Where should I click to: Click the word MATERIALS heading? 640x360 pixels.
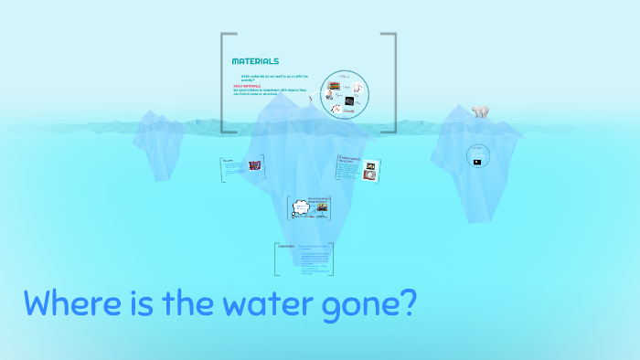pyautogui.click(x=255, y=61)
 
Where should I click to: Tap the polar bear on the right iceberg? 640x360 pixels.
pyautogui.click(x=480, y=111)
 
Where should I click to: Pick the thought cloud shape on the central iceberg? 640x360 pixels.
pyautogui.click(x=301, y=208)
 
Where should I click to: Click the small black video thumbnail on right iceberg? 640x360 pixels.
pyautogui.click(x=477, y=162)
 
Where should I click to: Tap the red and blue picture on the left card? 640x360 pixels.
pyautogui.click(x=253, y=165)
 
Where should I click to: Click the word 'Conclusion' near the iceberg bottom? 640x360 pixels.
pyautogui.click(x=285, y=247)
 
